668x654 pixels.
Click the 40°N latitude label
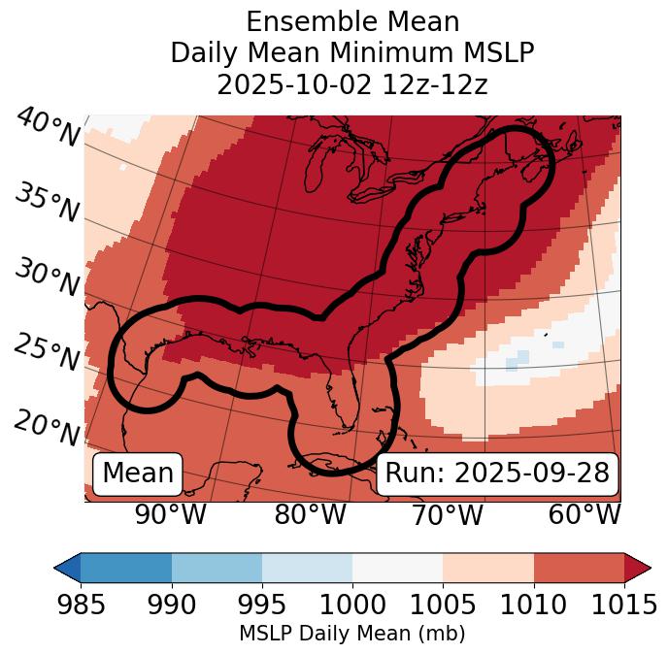[47, 128]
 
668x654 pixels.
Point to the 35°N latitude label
[47, 202]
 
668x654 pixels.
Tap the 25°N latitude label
[47, 353]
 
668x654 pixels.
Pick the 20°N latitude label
[47, 426]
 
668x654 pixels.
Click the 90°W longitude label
[170, 515]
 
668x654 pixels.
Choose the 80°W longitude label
[310, 515]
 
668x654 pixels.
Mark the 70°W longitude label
[447, 515]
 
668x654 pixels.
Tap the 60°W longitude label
[584, 515]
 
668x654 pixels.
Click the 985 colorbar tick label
[81, 605]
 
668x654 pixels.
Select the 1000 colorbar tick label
[352, 605]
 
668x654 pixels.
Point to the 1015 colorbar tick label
[623, 605]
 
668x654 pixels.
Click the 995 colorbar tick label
[262, 605]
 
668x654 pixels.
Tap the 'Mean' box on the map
[138, 473]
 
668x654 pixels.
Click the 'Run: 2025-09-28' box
[497, 473]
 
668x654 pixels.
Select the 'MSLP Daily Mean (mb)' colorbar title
[352, 635]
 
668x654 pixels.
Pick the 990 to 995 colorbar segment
[217, 567]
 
